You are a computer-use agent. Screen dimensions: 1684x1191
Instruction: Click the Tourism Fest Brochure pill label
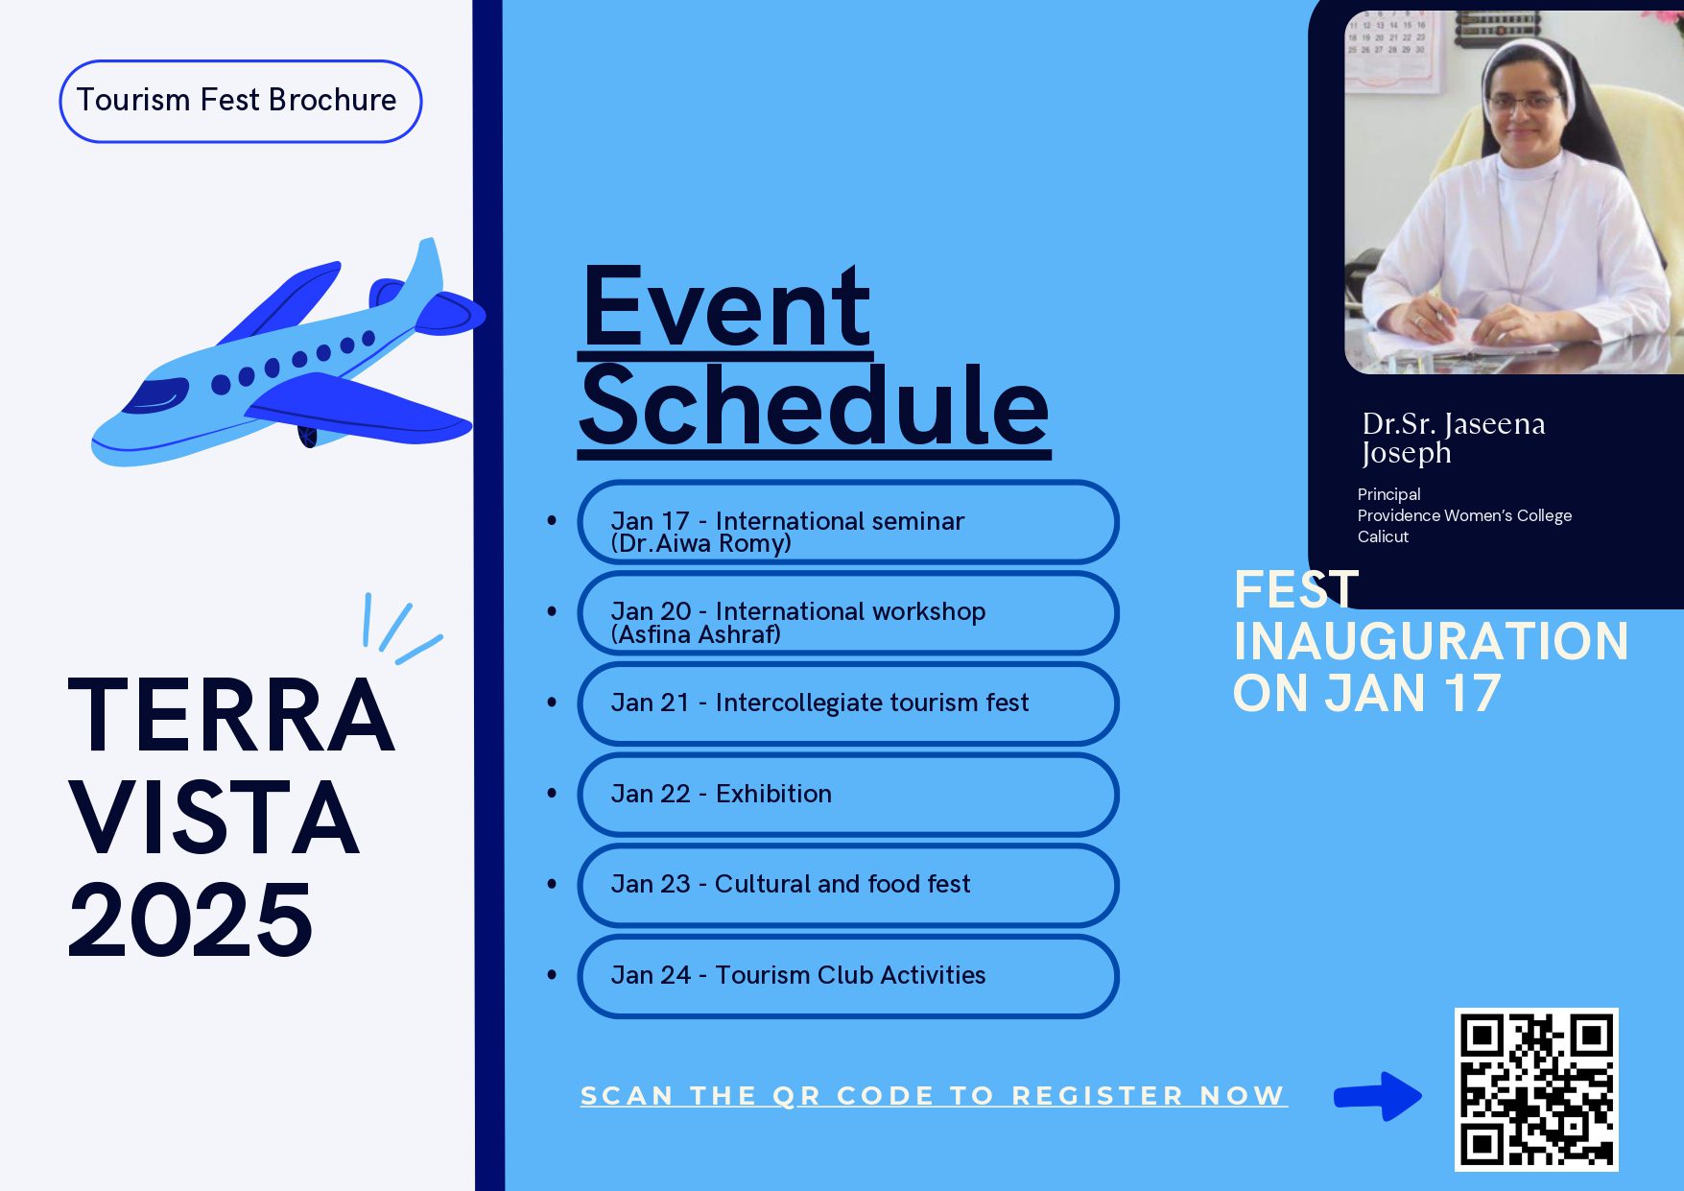[240, 101]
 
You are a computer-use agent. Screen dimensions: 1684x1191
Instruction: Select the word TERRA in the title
[231, 715]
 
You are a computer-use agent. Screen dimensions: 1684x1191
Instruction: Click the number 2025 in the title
[190, 919]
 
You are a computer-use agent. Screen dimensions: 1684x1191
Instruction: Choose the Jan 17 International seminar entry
[848, 522]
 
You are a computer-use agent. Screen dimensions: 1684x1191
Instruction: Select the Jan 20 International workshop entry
[848, 613]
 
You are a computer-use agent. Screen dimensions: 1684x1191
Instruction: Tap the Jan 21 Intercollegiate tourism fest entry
[848, 703]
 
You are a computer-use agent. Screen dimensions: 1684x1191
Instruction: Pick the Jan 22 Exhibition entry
[848, 795]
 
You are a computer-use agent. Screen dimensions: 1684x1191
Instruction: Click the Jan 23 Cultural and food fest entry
[848, 885]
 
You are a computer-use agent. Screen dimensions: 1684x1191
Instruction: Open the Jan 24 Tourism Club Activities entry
[848, 976]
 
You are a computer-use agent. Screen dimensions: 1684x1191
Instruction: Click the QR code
[1536, 1089]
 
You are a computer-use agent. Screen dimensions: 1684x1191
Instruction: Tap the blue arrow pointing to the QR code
[1378, 1096]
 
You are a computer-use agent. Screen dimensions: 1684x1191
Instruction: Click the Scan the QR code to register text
[933, 1096]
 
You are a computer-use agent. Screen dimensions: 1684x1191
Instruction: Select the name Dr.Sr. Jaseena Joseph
[1453, 438]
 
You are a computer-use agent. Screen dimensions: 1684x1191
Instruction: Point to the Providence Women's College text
[1464, 515]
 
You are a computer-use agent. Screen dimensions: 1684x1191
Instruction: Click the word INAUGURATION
[1431, 641]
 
